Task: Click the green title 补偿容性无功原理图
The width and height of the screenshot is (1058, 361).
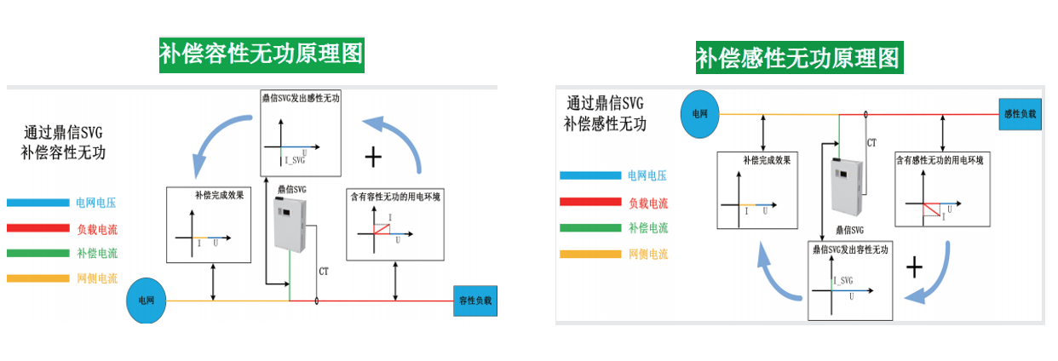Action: click(262, 55)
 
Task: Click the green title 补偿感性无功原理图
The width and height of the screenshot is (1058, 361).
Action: click(798, 58)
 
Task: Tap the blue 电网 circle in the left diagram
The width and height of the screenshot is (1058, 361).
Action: click(145, 302)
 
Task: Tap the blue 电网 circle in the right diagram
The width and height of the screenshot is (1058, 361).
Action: click(699, 113)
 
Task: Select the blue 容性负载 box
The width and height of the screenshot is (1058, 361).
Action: click(475, 301)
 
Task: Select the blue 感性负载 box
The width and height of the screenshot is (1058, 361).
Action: click(1020, 113)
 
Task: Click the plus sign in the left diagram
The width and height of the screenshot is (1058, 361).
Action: click(372, 158)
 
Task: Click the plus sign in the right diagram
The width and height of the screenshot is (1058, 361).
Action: click(914, 267)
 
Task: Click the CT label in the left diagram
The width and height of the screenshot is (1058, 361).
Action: click(324, 272)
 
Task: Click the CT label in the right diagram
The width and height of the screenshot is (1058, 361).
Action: click(871, 142)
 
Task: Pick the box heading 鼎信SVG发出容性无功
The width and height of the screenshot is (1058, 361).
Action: click(849, 250)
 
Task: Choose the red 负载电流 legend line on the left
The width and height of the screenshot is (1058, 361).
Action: click(37, 228)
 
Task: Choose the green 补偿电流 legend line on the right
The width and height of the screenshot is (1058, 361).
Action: click(590, 228)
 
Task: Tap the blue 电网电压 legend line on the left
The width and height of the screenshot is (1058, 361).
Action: click(37, 203)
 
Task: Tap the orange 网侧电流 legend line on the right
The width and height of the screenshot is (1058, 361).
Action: click(590, 254)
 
